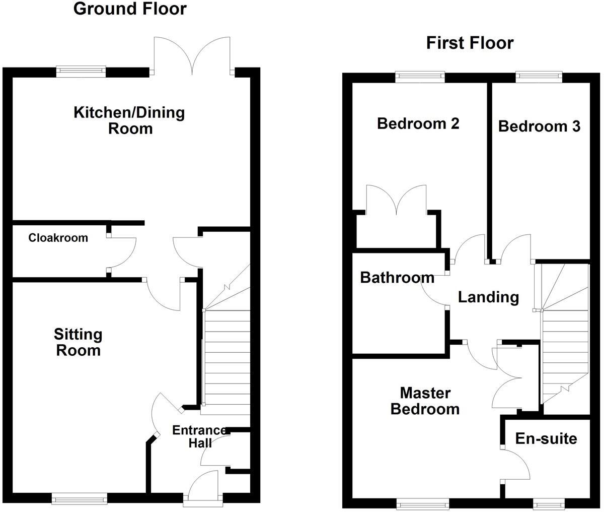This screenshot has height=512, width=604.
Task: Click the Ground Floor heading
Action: (x=130, y=9)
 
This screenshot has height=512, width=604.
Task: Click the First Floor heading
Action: (x=470, y=43)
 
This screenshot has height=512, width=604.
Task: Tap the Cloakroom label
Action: (x=58, y=238)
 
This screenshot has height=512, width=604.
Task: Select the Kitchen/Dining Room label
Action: (x=129, y=120)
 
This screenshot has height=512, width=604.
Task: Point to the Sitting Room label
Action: (x=78, y=342)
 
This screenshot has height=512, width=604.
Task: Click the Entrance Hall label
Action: (x=200, y=436)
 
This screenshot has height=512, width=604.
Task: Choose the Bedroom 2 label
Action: (x=418, y=123)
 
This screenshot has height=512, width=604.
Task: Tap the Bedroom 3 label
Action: (x=539, y=126)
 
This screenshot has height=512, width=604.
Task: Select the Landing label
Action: (x=489, y=297)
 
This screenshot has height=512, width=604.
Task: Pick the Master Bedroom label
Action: (x=425, y=401)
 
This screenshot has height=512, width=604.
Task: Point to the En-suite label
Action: (x=546, y=438)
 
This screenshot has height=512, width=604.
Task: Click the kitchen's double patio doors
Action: (x=192, y=56)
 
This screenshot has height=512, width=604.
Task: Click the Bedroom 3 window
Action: (x=539, y=77)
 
